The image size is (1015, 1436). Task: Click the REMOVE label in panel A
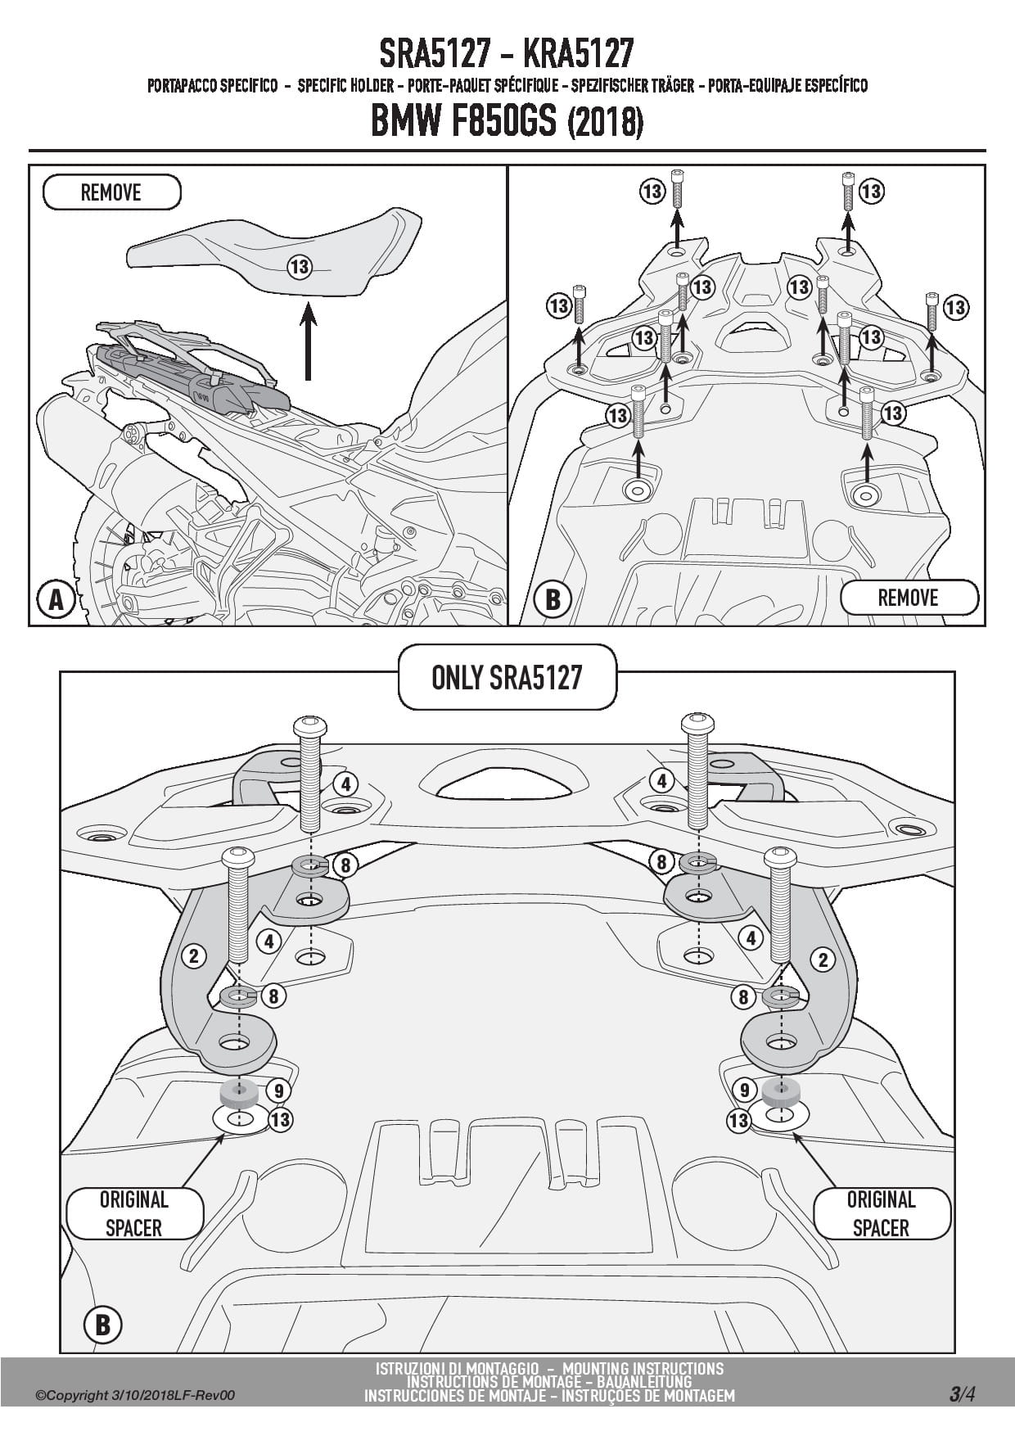(111, 192)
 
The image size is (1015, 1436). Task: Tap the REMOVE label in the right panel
(908, 597)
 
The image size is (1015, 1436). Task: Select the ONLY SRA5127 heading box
(507, 677)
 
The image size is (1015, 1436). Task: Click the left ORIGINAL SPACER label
(133, 1213)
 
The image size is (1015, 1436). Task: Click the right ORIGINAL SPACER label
(881, 1213)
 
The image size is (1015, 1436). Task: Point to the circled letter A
(56, 600)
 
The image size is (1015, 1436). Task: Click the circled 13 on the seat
(300, 266)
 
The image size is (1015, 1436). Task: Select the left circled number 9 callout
(279, 1091)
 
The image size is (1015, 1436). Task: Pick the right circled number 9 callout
(744, 1090)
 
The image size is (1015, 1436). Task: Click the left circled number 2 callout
(194, 955)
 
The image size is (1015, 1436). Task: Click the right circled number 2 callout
(823, 960)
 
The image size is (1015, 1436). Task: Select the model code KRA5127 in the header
(578, 54)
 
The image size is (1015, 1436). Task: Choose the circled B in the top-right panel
(553, 600)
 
